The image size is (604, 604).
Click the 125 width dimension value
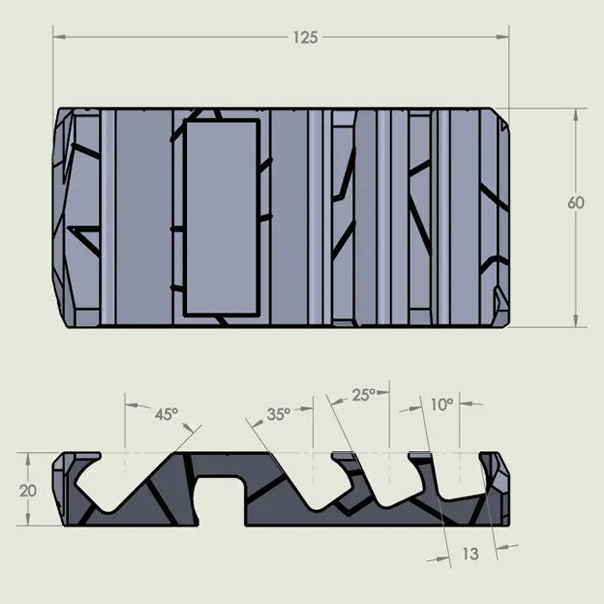[305, 37]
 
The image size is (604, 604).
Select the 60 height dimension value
[576, 204]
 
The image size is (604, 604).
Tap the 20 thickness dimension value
[28, 489]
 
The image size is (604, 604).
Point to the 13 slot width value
[470, 555]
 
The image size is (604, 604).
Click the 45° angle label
[166, 414]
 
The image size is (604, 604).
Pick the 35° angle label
[278, 414]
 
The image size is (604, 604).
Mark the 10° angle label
[441, 403]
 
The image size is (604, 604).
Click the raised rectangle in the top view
[223, 217]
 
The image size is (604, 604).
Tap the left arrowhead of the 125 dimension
[58, 37]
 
